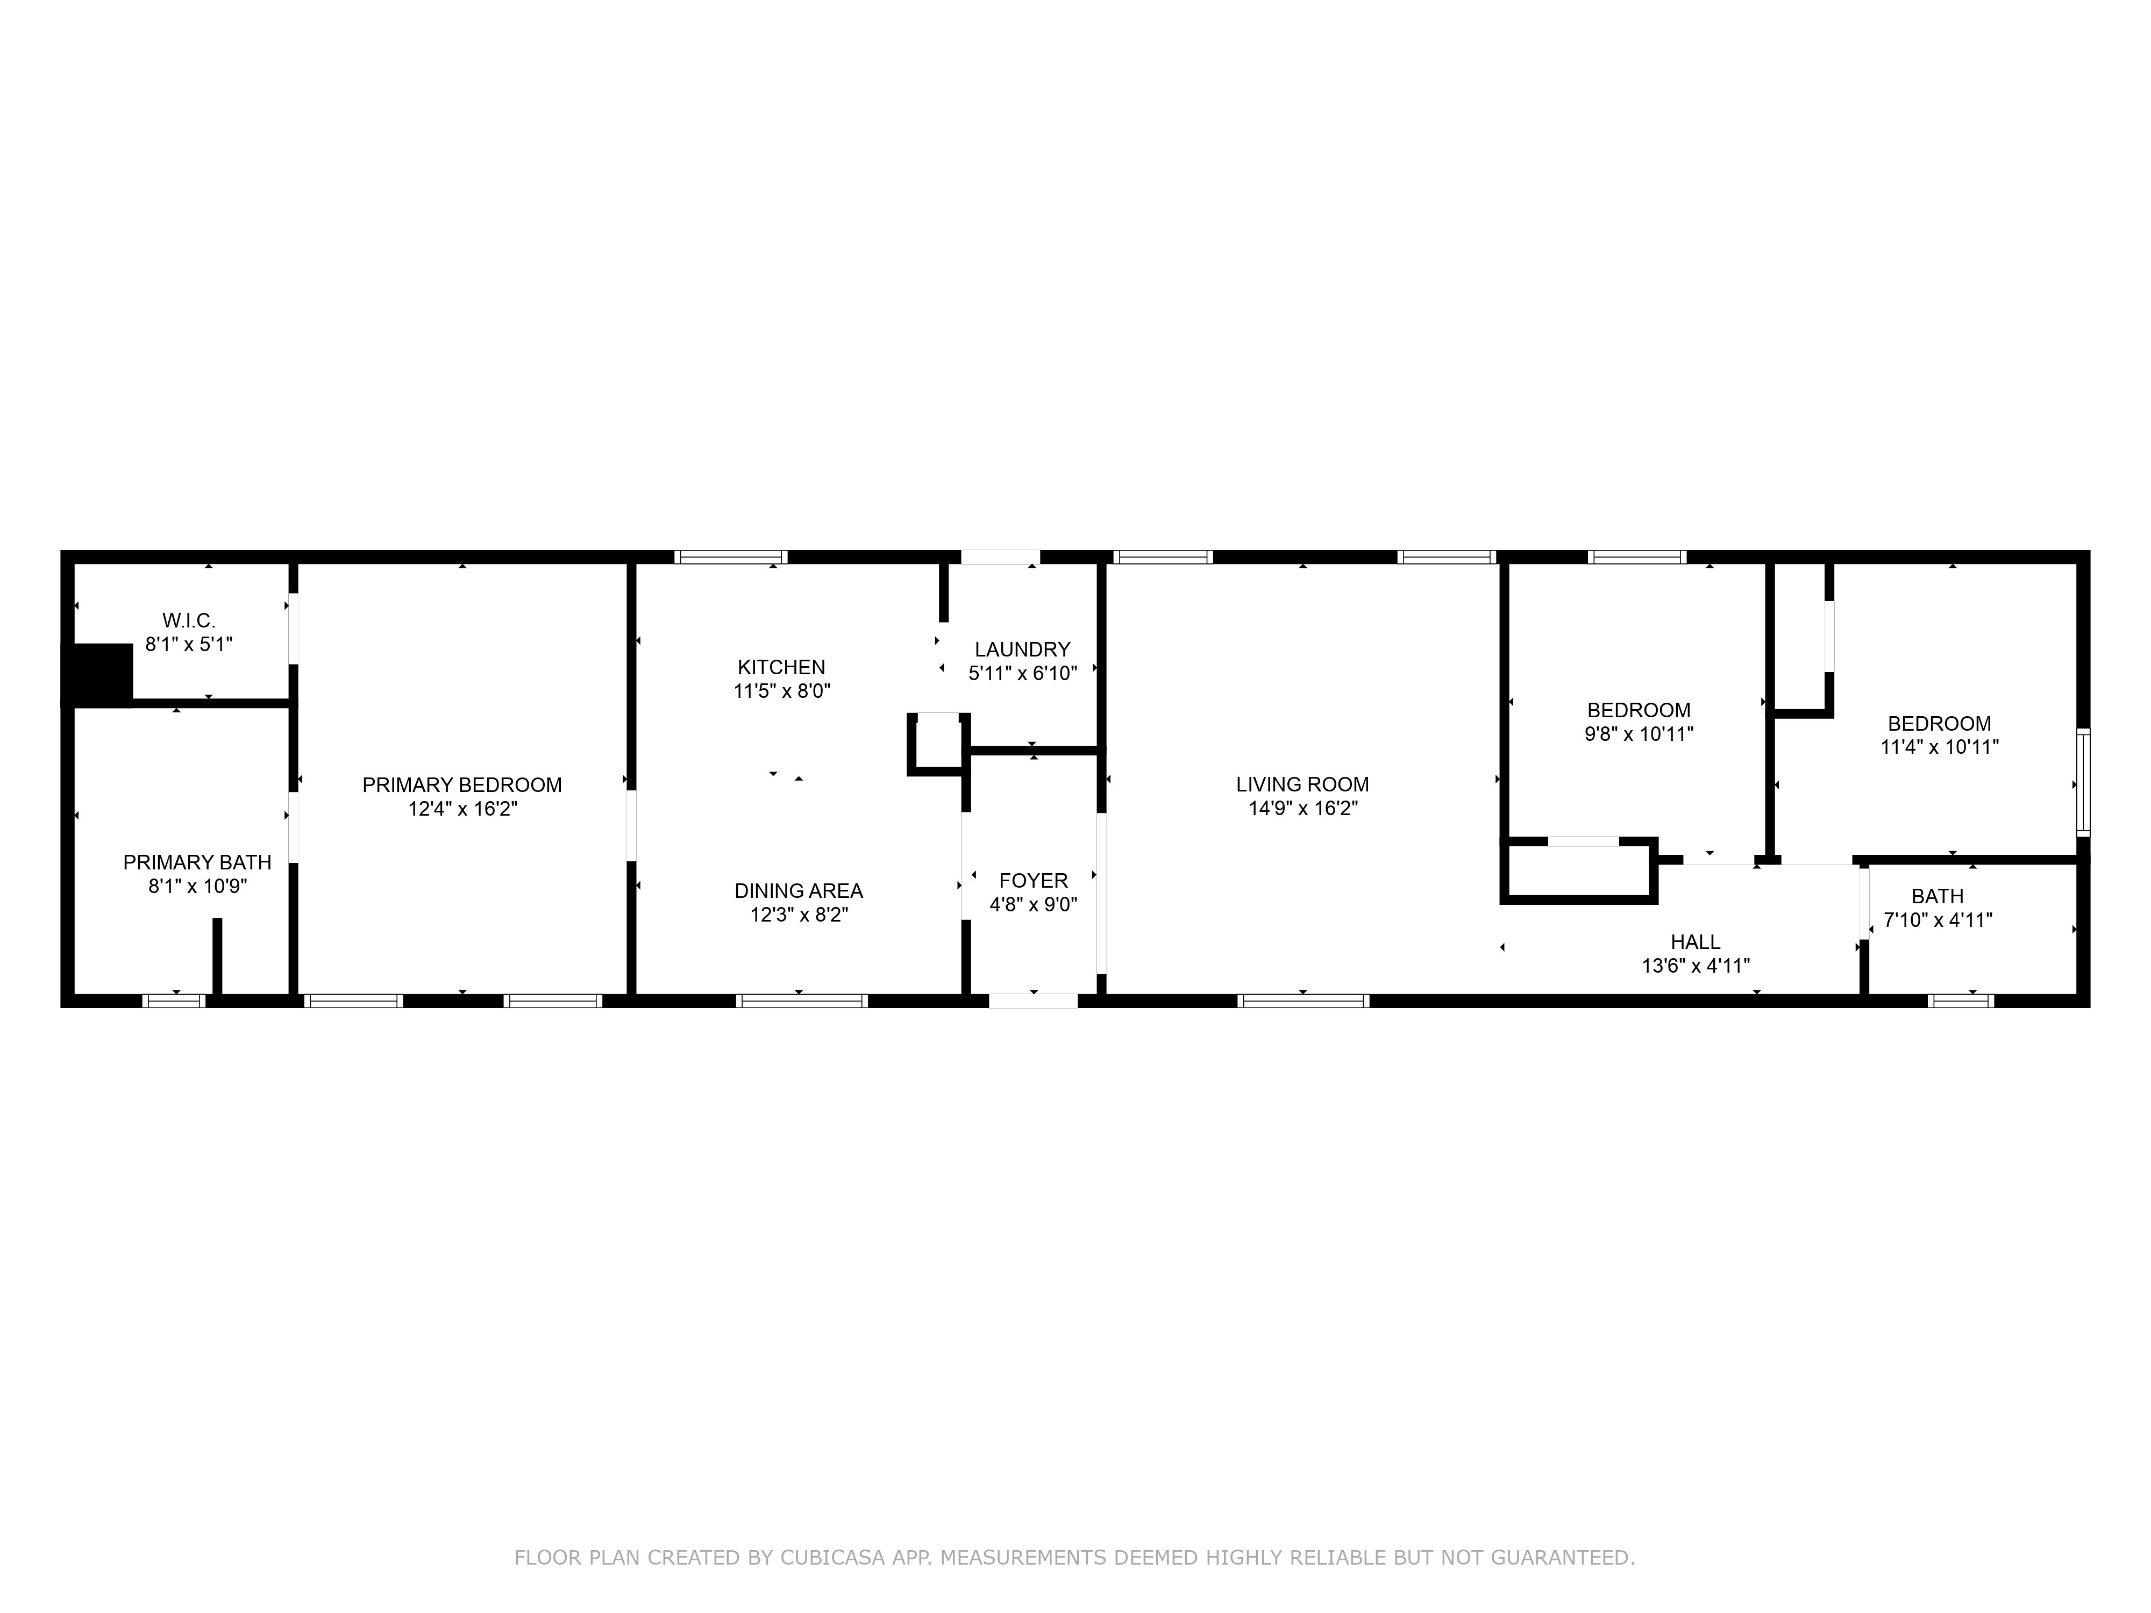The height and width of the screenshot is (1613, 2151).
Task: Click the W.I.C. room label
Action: coord(189,620)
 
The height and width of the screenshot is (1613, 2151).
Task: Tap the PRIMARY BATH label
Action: coord(197,862)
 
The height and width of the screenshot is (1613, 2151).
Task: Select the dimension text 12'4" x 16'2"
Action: coord(463,809)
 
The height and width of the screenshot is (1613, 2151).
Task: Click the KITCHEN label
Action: coord(782,667)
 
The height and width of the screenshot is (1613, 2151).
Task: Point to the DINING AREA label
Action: coord(799,890)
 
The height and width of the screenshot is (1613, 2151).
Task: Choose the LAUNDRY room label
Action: coord(1023,650)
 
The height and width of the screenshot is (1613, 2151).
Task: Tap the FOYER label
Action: coord(1034,881)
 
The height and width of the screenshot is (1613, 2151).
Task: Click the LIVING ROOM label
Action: coord(1303,784)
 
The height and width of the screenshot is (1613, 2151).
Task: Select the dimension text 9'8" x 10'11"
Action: coord(1640,734)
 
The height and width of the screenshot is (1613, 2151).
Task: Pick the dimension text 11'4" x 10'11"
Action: coord(1940,748)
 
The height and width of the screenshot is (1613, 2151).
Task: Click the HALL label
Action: coord(1696,942)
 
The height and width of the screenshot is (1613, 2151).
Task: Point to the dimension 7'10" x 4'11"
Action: coord(1938,920)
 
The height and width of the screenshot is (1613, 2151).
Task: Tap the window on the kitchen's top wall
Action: coord(731,557)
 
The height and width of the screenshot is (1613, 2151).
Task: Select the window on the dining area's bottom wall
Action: coord(802,1001)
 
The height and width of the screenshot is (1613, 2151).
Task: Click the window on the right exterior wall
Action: coord(2083,782)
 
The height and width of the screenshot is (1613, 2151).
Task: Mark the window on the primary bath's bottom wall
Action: coord(175,1001)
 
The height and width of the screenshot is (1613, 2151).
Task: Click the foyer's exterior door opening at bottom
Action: coord(1034,1001)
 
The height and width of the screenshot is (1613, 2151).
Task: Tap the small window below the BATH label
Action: coord(1961,1001)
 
